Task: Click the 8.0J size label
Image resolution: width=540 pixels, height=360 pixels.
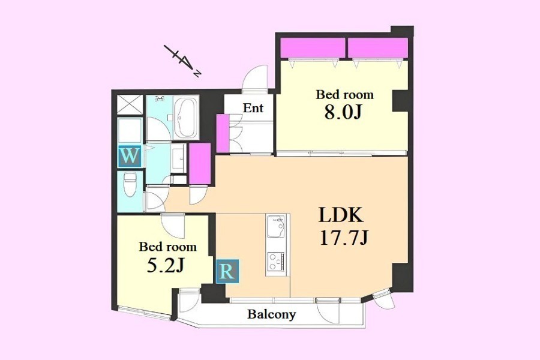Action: [343, 112]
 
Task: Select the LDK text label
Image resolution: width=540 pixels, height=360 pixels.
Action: [341, 215]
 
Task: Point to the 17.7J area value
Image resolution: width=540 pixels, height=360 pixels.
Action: [344, 238]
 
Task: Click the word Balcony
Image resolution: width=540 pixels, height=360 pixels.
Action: [272, 314]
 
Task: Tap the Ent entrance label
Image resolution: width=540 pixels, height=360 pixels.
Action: [253, 108]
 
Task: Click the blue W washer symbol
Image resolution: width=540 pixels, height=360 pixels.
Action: [129, 157]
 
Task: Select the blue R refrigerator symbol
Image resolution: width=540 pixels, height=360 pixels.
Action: [227, 272]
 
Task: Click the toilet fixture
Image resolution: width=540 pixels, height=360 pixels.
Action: [130, 184]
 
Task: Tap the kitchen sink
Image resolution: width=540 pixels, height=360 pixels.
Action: [276, 226]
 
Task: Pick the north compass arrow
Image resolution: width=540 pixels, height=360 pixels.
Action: [182, 61]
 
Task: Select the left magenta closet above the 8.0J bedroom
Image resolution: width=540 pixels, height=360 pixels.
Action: [313, 48]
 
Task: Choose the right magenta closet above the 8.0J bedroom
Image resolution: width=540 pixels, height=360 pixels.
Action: [378, 48]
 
